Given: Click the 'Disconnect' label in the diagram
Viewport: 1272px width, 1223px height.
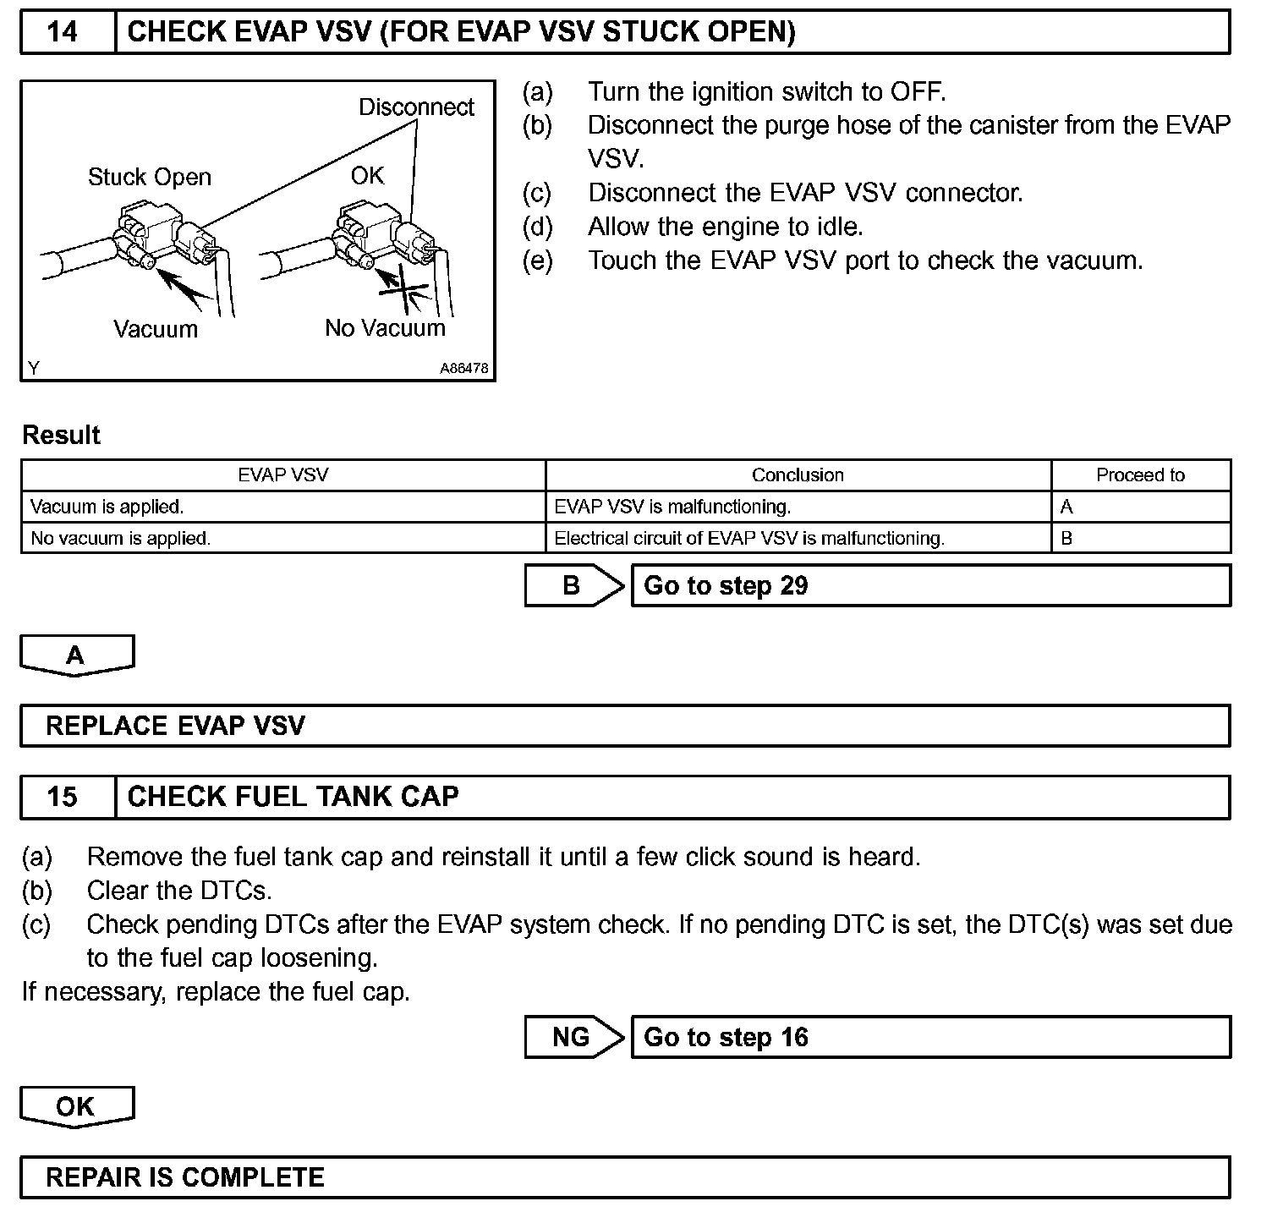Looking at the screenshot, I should [416, 107].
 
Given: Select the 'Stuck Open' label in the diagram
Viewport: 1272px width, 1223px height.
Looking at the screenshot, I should [150, 178].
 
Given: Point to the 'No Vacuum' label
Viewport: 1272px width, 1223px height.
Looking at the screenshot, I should [385, 328].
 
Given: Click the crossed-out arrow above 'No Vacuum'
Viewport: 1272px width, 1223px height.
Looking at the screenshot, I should [401, 288].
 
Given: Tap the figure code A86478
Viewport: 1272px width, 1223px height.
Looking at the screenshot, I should [463, 370].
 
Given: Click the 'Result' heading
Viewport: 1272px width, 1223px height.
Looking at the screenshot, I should [61, 436].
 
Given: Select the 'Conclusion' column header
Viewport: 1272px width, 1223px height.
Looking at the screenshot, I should [798, 475].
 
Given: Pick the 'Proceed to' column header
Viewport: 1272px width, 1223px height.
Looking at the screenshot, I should [1140, 475].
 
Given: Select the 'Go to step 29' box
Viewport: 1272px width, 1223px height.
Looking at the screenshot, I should [930, 585].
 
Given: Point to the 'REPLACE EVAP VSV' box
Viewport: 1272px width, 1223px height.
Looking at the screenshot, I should [625, 726].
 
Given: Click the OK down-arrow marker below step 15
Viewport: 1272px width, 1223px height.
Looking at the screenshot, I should [76, 1107].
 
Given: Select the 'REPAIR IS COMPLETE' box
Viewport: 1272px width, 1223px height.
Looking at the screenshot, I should [625, 1177].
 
